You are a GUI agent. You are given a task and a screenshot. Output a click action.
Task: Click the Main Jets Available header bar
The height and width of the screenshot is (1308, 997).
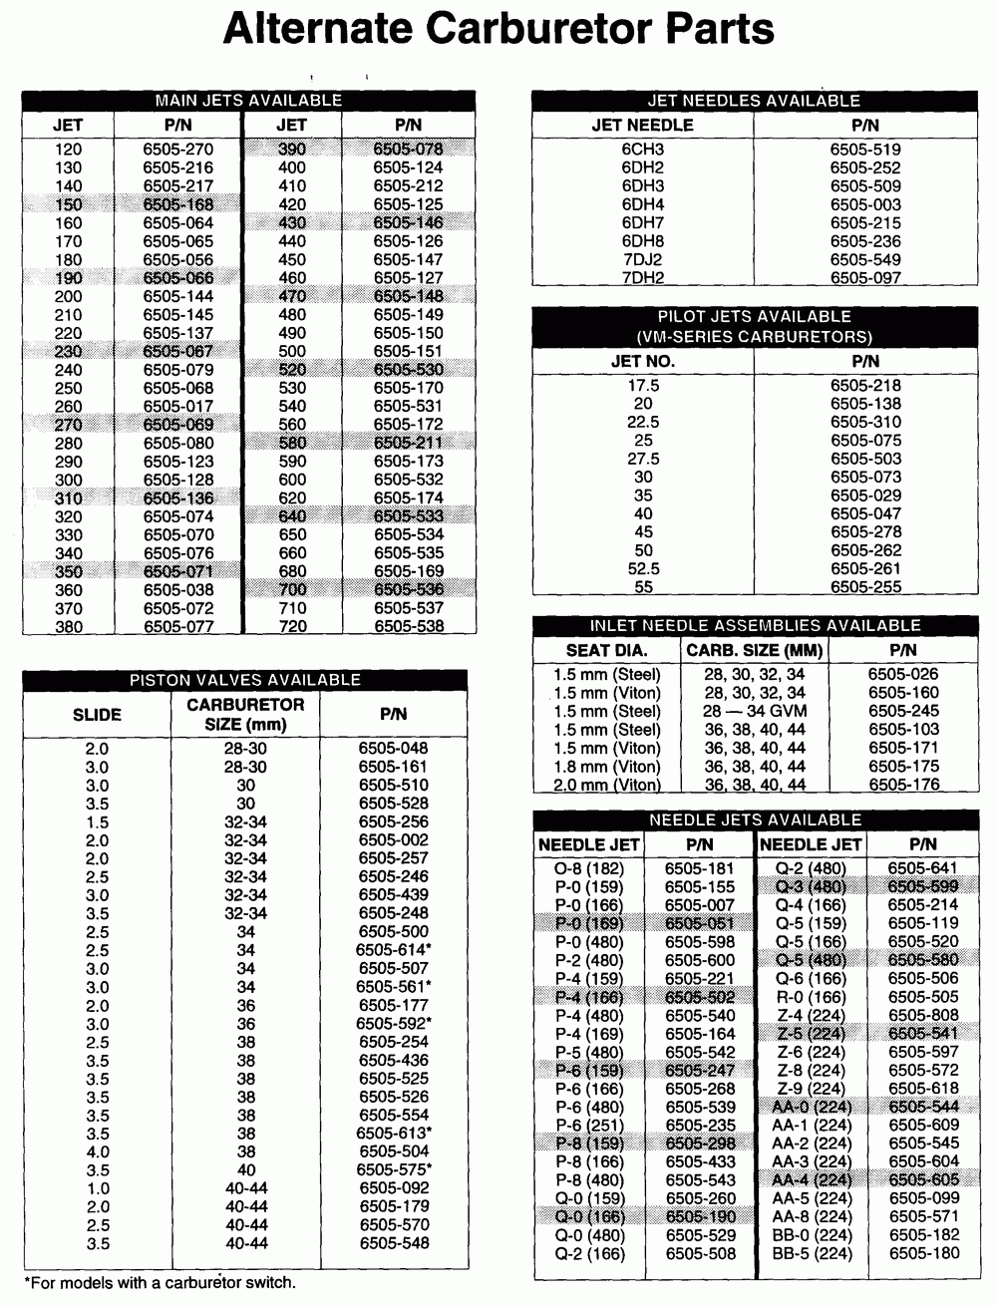(248, 101)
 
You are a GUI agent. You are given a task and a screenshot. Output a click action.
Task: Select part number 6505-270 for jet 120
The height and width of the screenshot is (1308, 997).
(177, 150)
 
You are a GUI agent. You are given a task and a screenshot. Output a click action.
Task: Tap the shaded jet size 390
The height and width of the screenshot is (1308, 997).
(291, 150)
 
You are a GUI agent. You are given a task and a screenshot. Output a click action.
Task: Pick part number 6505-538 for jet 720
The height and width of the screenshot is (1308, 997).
(408, 627)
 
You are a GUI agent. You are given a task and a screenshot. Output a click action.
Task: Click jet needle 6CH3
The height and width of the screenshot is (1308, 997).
(642, 150)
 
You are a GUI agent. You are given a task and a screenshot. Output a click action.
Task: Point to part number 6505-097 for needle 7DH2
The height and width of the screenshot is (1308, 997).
(864, 278)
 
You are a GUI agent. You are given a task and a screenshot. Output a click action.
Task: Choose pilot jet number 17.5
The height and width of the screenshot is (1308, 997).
(642, 386)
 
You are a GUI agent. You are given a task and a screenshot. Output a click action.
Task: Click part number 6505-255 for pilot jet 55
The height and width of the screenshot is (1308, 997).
(864, 587)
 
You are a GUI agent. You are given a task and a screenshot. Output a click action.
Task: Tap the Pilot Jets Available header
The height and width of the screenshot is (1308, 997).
(753, 326)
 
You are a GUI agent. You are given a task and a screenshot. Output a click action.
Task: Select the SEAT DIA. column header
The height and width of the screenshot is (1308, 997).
(606, 650)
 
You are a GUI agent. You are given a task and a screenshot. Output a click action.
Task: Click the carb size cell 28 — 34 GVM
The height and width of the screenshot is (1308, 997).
(755, 712)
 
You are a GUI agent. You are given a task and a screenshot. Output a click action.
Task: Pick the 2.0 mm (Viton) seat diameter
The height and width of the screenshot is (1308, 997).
(606, 785)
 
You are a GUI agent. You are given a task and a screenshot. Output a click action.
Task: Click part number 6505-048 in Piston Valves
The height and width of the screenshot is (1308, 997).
(393, 749)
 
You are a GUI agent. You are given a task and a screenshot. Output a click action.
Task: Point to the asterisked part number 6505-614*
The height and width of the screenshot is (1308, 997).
(393, 950)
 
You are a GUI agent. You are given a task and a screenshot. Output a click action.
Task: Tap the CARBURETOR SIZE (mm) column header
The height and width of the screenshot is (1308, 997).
(245, 714)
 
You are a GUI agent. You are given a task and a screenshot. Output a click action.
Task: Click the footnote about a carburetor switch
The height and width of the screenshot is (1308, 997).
(160, 1283)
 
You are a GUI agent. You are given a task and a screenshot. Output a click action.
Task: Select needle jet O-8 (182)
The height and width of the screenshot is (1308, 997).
(588, 868)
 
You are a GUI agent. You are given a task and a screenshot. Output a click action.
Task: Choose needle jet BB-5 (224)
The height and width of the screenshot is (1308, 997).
(812, 1253)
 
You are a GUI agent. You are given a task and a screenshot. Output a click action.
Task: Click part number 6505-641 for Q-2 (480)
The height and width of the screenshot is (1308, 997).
(922, 868)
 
